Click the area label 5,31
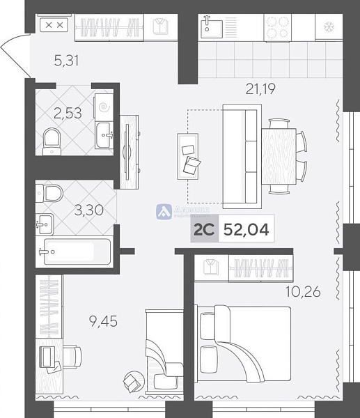tap(67, 61)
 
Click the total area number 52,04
tap(245, 228)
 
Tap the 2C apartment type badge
tap(203, 228)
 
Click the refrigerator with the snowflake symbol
tap(324, 27)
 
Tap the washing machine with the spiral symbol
tap(104, 108)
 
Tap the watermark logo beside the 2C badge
tap(164, 211)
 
